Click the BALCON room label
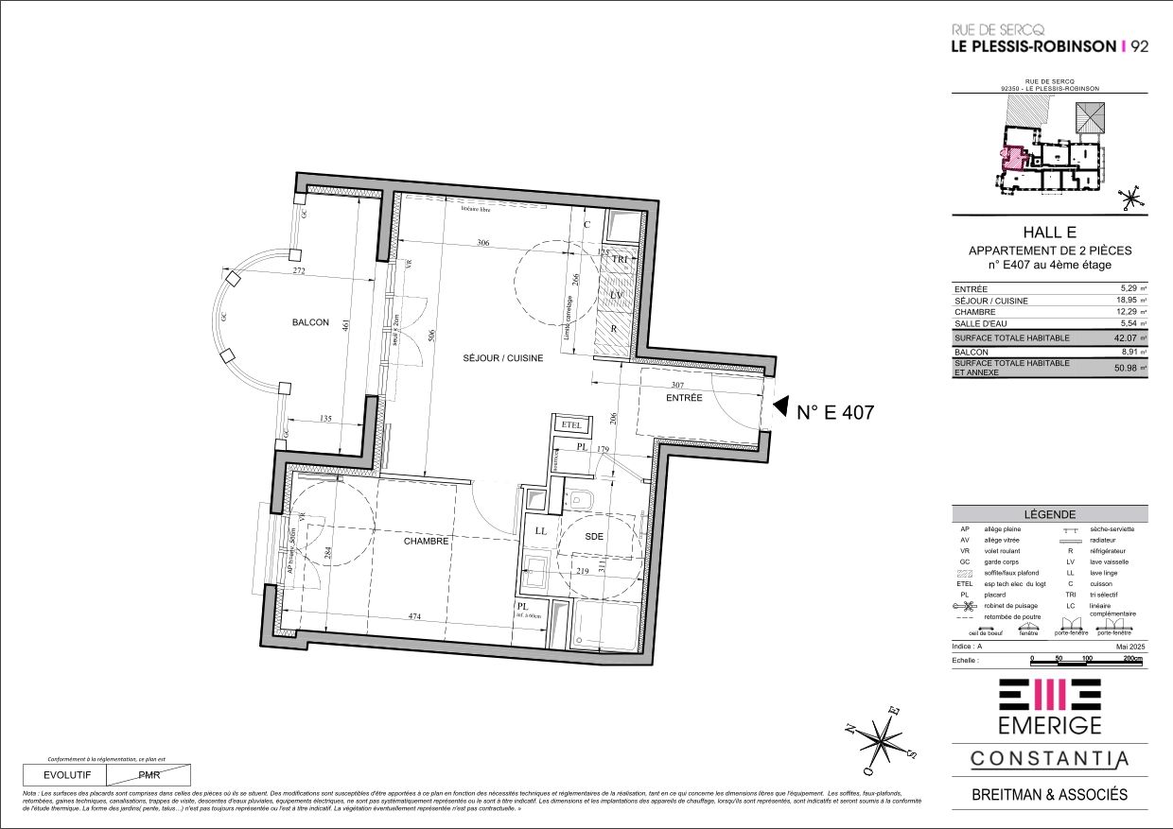pos(310,322)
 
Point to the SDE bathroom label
pos(594,536)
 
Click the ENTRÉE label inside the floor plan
pos(683,398)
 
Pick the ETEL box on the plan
pos(571,424)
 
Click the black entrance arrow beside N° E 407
pos(779,406)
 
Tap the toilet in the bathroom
pos(581,501)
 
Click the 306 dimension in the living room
pos(482,243)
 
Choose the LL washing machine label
pos(540,531)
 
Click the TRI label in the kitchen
pos(620,258)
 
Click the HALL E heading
pos(1049,233)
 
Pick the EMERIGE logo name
pos(1049,726)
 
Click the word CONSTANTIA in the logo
pos(1049,759)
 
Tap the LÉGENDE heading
pos(1049,513)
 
